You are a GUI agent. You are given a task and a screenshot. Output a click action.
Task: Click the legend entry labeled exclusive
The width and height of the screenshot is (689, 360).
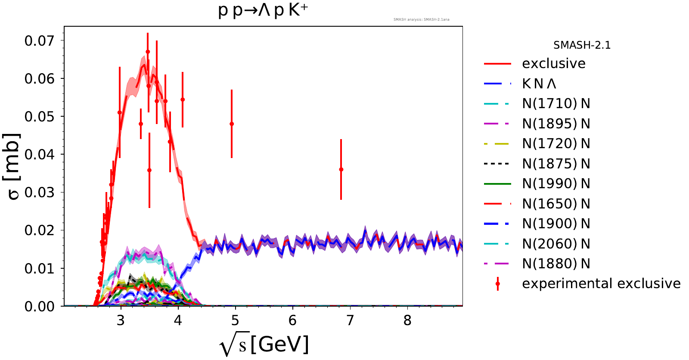(553, 64)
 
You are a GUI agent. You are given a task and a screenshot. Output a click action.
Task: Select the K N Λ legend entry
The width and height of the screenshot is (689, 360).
(539, 84)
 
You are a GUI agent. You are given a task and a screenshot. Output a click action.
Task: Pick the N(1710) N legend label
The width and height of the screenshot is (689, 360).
(556, 104)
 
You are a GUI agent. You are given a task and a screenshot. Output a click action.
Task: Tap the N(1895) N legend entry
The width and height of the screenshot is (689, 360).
(556, 124)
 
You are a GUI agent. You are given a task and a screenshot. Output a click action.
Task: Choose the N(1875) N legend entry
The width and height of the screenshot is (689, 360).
(556, 164)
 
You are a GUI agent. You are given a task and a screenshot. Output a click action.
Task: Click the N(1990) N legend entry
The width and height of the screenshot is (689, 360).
(556, 184)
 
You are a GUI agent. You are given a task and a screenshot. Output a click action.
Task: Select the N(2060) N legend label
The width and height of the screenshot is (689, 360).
(556, 244)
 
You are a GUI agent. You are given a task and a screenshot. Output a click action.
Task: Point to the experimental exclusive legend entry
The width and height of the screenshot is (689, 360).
(601, 284)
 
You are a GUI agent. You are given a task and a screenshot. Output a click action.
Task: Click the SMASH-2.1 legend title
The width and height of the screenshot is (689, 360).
(582, 45)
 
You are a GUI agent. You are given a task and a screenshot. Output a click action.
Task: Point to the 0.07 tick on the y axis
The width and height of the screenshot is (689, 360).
(40, 41)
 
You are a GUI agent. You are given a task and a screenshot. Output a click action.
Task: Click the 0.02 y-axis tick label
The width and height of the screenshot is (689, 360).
(40, 230)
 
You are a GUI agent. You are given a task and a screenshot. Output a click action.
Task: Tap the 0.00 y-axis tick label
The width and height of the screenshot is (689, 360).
(40, 306)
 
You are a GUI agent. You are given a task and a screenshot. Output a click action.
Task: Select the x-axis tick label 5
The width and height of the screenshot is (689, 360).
(235, 320)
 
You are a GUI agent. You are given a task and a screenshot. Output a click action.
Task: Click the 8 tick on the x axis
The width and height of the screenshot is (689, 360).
(407, 320)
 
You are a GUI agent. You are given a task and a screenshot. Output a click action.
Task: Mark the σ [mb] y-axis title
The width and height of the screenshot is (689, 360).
(13, 167)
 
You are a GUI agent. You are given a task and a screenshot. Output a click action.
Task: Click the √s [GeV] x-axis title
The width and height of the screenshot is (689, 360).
(264, 345)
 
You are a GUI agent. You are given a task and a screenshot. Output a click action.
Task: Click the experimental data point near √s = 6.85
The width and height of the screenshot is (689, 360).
(341, 170)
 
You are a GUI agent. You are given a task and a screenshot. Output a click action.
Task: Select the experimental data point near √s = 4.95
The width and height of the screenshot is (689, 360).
(232, 124)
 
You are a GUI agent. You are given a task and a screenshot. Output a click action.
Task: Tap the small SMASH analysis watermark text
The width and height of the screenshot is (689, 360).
(421, 19)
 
